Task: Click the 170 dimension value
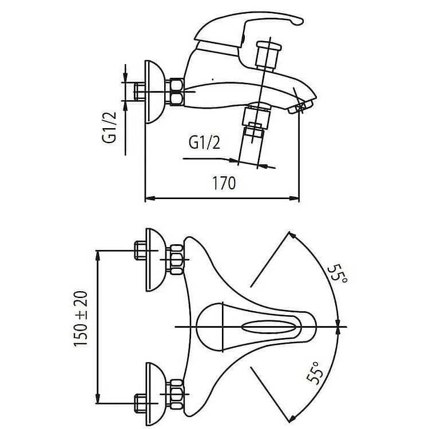[224, 183]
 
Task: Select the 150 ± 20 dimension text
[81, 319]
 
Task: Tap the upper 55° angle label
[337, 273]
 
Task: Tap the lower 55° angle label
[315, 373]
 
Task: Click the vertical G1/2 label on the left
[109, 127]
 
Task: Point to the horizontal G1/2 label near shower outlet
[204, 142]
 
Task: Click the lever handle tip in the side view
[299, 21]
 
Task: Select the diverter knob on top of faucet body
[268, 56]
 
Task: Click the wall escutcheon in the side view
[155, 92]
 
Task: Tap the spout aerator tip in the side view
[300, 107]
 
